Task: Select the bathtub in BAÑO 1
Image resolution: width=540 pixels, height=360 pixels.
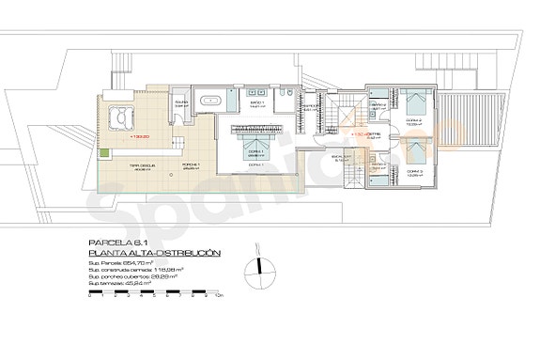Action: tap(213, 98)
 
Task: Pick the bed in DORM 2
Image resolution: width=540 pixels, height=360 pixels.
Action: tap(414, 101)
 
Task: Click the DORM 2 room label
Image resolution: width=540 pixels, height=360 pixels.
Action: tap(413, 122)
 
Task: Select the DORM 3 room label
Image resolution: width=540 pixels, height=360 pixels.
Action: tap(414, 172)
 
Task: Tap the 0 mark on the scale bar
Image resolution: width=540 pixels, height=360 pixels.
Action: tap(86, 298)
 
